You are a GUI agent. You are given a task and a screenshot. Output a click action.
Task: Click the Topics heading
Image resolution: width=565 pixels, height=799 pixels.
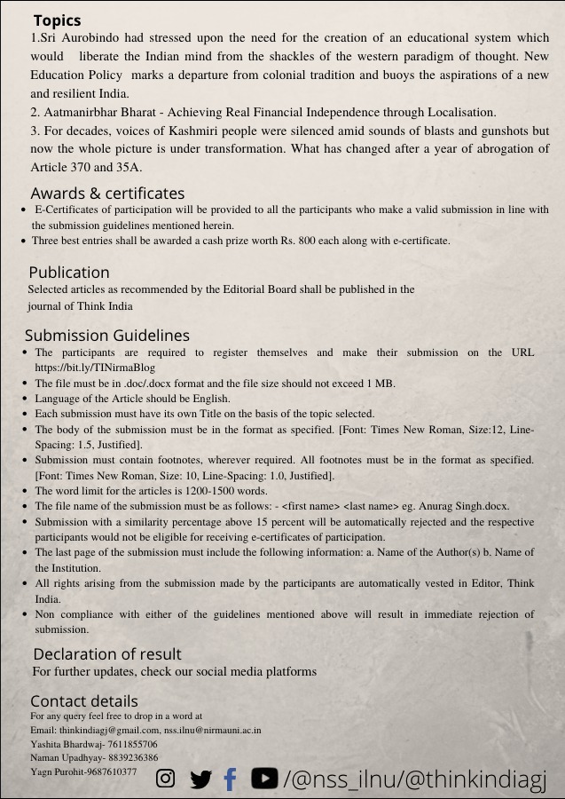pyautogui.click(x=57, y=20)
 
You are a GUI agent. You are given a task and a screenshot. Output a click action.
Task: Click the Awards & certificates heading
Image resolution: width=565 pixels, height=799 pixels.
pyautogui.click(x=107, y=194)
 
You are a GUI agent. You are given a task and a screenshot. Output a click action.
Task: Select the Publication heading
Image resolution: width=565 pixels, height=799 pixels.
pyautogui.click(x=69, y=273)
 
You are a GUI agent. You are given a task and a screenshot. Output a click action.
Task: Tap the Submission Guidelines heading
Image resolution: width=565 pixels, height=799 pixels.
pyautogui.click(x=106, y=336)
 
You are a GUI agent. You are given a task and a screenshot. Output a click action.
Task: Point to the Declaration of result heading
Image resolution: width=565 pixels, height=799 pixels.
pyautogui.click(x=107, y=655)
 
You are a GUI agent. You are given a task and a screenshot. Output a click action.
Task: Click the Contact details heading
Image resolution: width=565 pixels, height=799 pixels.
pyautogui.click(x=84, y=701)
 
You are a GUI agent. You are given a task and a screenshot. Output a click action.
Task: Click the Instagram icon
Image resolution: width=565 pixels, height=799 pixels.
pyautogui.click(x=165, y=779)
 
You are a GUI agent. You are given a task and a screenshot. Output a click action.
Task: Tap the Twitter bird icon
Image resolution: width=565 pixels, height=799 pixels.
pyautogui.click(x=200, y=779)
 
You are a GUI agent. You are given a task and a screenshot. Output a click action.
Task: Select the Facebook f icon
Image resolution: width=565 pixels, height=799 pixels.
pyautogui.click(x=231, y=779)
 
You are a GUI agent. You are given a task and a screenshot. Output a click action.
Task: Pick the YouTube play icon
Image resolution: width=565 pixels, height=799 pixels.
pyautogui.click(x=263, y=778)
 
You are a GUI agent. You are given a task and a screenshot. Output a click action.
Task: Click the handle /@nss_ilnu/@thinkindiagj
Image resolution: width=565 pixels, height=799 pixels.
pyautogui.click(x=414, y=779)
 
